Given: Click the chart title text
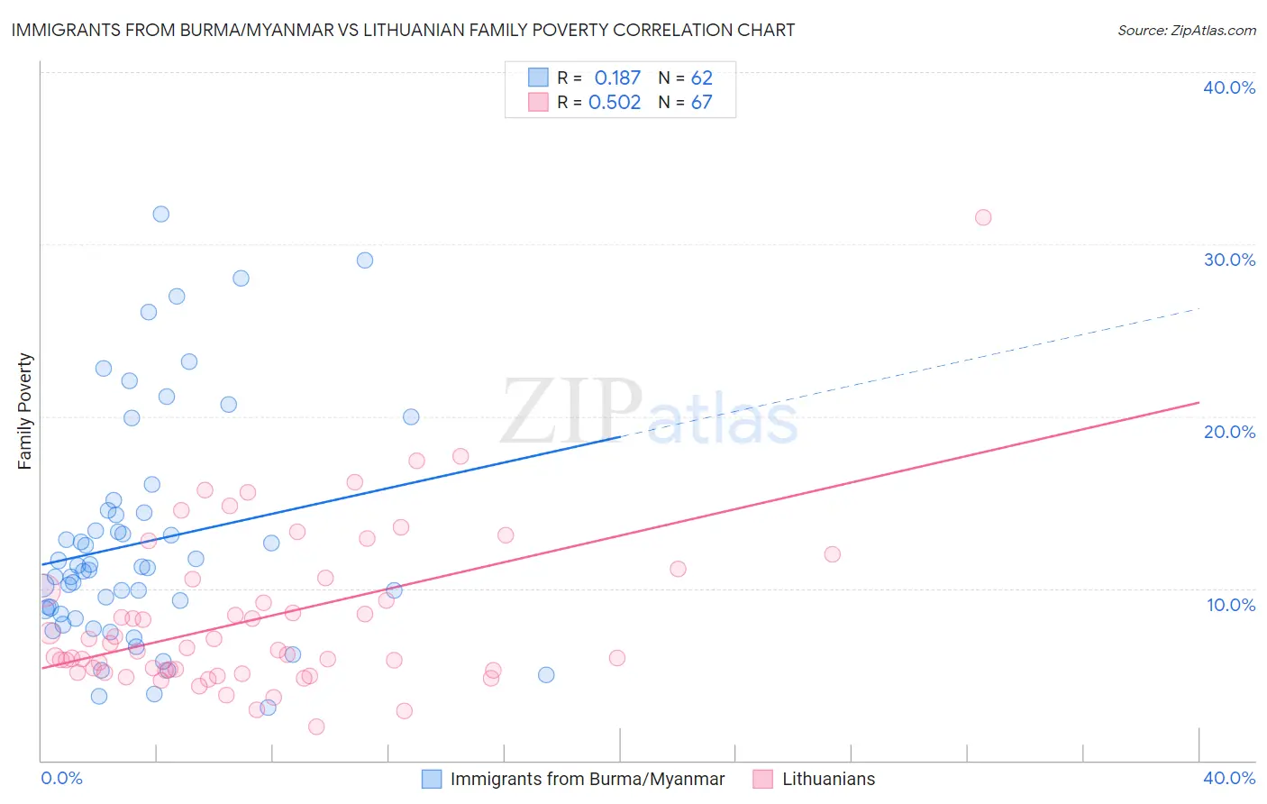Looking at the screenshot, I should point(402,31).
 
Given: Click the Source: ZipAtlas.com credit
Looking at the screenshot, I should point(1186,31).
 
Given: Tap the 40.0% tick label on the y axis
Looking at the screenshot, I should point(1229,87).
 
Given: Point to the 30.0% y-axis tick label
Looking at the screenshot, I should point(1229,260).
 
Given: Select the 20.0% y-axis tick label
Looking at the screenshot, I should point(1229,432).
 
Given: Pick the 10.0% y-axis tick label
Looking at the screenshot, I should point(1231,605).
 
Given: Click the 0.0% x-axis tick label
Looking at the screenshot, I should point(61,778).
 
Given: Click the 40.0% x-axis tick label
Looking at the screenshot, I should point(1229,778).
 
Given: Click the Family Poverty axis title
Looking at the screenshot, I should point(25,411).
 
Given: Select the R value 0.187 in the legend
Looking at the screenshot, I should point(617,78).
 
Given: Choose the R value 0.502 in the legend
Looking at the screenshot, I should point(615,103).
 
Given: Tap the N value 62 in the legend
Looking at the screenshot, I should point(701,78).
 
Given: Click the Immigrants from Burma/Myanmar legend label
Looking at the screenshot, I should point(588,779).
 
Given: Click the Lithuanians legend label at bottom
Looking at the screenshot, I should point(828,779).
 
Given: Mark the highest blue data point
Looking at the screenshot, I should point(160,214).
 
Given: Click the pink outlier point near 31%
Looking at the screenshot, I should point(983,217).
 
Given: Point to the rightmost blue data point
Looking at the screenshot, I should point(546,675).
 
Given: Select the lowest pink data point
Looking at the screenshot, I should point(316,726).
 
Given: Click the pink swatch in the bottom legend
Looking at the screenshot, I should point(762,779).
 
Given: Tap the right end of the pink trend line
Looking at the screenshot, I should point(1199,402).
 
